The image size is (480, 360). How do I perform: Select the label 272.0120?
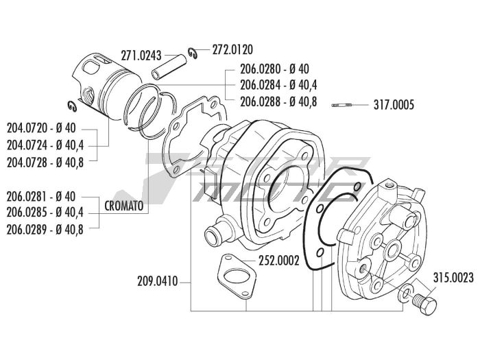[232, 49]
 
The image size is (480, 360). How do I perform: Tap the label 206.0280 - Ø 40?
[274, 69]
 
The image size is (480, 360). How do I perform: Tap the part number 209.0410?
[158, 280]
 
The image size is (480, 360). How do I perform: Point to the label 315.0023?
[453, 279]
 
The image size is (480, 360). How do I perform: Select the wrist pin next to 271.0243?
[166, 71]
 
